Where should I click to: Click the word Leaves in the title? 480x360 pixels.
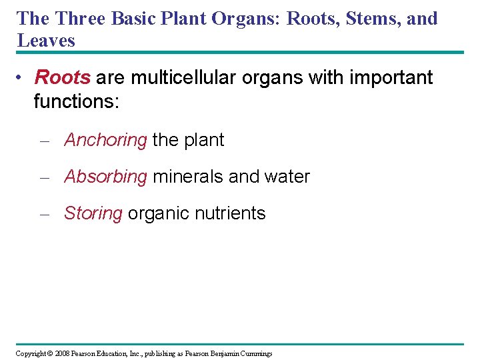[46, 41]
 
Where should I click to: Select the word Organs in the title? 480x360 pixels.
[244, 18]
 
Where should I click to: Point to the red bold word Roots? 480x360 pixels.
[62, 77]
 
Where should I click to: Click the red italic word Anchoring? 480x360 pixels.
[105, 140]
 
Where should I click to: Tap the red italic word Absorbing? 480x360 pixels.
[105, 177]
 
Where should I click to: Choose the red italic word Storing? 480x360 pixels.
[93, 213]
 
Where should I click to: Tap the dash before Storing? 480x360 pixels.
[45, 214]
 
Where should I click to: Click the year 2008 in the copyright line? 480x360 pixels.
[64, 353]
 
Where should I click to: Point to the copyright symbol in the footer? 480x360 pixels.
[50, 353]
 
